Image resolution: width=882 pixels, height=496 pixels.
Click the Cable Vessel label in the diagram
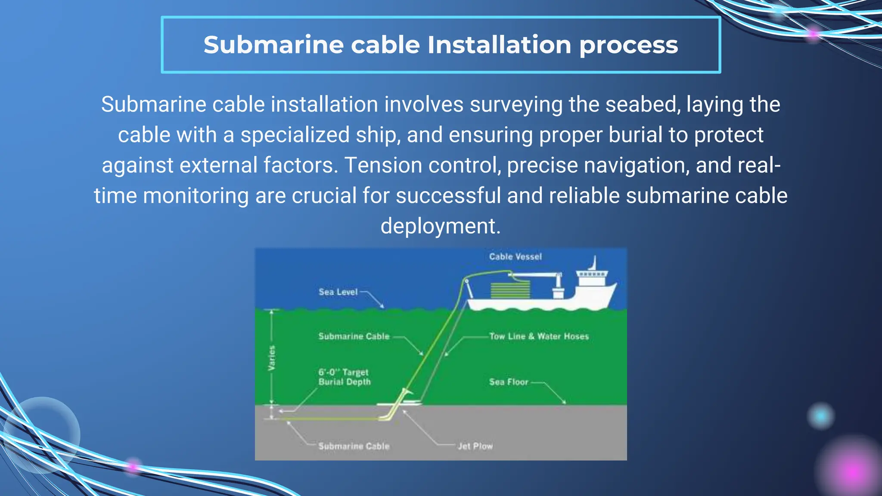pyautogui.click(x=515, y=257)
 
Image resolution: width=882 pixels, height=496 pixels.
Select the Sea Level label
pyautogui.click(x=338, y=292)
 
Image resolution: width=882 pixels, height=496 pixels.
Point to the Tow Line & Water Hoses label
pyautogui.click(x=539, y=336)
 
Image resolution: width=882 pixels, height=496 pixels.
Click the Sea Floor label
pyautogui.click(x=508, y=382)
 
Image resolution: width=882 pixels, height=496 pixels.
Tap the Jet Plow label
pyautogui.click(x=475, y=446)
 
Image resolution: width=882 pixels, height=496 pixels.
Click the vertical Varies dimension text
pyautogui.click(x=272, y=358)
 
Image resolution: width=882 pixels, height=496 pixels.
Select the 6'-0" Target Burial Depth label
pyautogui.click(x=344, y=377)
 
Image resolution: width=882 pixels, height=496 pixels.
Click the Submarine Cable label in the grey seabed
pyautogui.click(x=354, y=446)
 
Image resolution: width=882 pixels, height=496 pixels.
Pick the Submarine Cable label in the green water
pyautogui.click(x=354, y=336)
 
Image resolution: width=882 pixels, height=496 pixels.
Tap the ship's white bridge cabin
pyautogui.click(x=592, y=277)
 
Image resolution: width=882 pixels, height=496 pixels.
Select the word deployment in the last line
pyautogui.click(x=440, y=226)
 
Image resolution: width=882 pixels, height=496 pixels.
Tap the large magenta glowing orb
pyautogui.click(x=851, y=471)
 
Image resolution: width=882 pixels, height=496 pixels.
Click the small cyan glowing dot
pyautogui.click(x=820, y=416)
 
